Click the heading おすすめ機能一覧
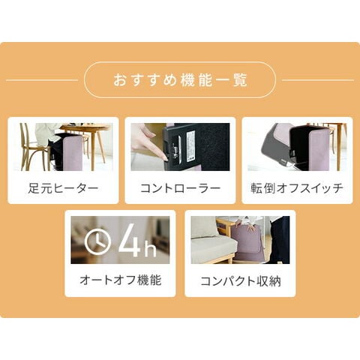[180, 80]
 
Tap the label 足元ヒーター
[63, 188]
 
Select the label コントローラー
[180, 188]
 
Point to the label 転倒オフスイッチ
[297, 188]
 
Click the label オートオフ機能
[120, 280]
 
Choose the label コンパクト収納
[241, 281]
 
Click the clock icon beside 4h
[97, 241]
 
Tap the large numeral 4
[129, 240]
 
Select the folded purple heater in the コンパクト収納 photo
[246, 244]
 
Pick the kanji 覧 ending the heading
[241, 80]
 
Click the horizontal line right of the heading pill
[318, 80]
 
